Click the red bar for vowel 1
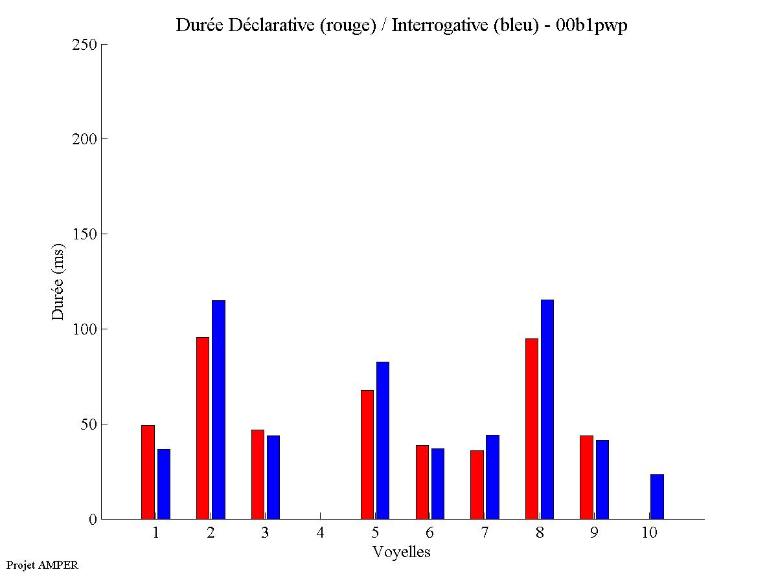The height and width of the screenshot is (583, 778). click(148, 472)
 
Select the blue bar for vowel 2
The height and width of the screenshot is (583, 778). click(218, 410)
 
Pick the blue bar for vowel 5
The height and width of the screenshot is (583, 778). click(383, 440)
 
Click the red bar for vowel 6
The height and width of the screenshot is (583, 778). click(422, 482)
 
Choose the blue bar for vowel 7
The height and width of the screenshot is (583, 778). click(492, 477)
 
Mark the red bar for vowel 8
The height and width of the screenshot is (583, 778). click(531, 428)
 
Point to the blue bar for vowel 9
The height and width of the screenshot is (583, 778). click(602, 479)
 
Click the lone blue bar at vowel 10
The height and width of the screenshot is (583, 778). click(657, 496)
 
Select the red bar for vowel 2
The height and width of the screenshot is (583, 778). click(203, 428)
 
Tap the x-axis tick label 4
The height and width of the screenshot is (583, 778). click(320, 533)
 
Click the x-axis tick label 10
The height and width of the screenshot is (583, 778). click(649, 533)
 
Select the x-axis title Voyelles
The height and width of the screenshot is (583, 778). click(402, 552)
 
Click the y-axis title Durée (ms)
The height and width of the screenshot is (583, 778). click(58, 282)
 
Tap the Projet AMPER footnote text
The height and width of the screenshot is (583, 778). click(42, 565)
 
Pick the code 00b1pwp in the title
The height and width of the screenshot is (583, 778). click(591, 26)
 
